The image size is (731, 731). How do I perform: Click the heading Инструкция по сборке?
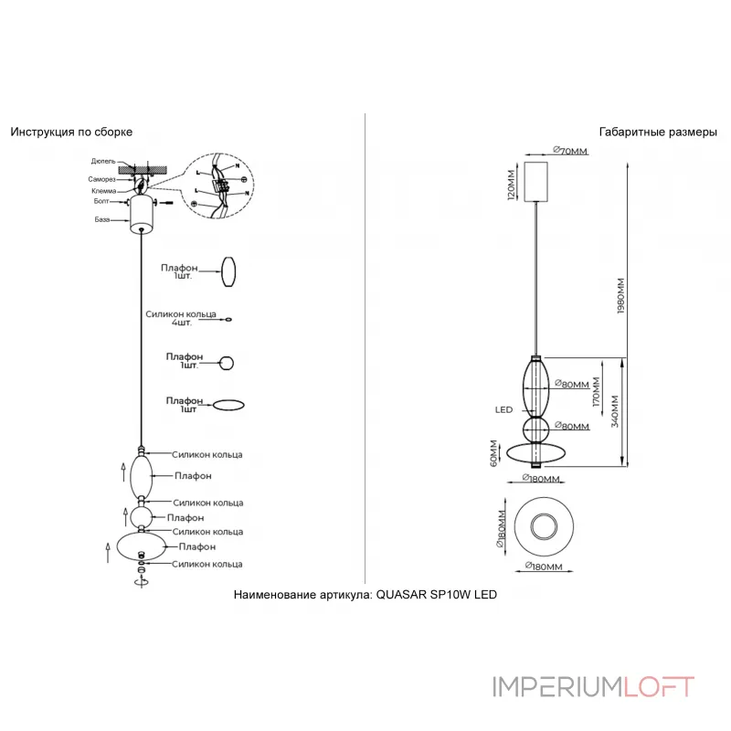click(71, 132)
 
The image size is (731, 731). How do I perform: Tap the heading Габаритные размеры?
click(658, 132)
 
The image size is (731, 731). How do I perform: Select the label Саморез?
click(101, 179)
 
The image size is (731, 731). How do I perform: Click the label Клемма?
click(103, 191)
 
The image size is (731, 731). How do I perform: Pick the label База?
click(103, 220)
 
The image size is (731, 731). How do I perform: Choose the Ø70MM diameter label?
click(569, 150)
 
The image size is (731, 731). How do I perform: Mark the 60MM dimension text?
click(493, 452)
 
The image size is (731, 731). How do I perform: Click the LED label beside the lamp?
click(503, 410)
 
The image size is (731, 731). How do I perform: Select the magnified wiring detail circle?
click(219, 186)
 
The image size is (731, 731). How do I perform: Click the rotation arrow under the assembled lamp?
click(140, 582)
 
